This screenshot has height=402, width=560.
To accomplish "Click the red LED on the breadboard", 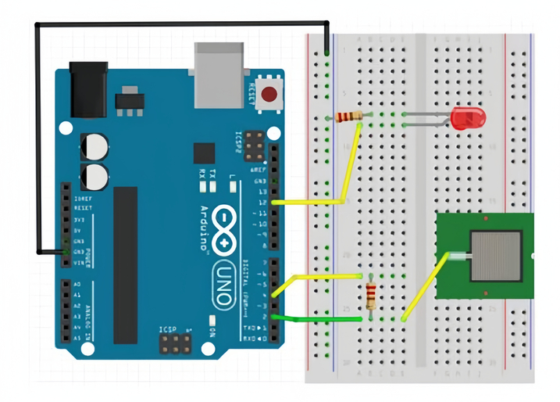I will tap(468, 119).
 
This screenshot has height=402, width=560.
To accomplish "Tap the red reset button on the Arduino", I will tap(269, 95).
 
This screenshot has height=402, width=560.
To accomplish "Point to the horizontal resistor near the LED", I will tap(348, 117).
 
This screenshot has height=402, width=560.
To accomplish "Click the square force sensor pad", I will tap(498, 257).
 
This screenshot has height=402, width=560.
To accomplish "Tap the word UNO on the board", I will tap(227, 278).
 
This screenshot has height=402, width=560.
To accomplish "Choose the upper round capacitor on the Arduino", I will tap(95, 145).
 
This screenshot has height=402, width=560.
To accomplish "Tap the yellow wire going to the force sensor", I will tap(423, 288).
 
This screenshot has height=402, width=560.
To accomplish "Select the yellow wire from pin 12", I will tap(312, 202).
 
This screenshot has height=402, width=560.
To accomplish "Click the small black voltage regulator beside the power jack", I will tap(129, 101).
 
